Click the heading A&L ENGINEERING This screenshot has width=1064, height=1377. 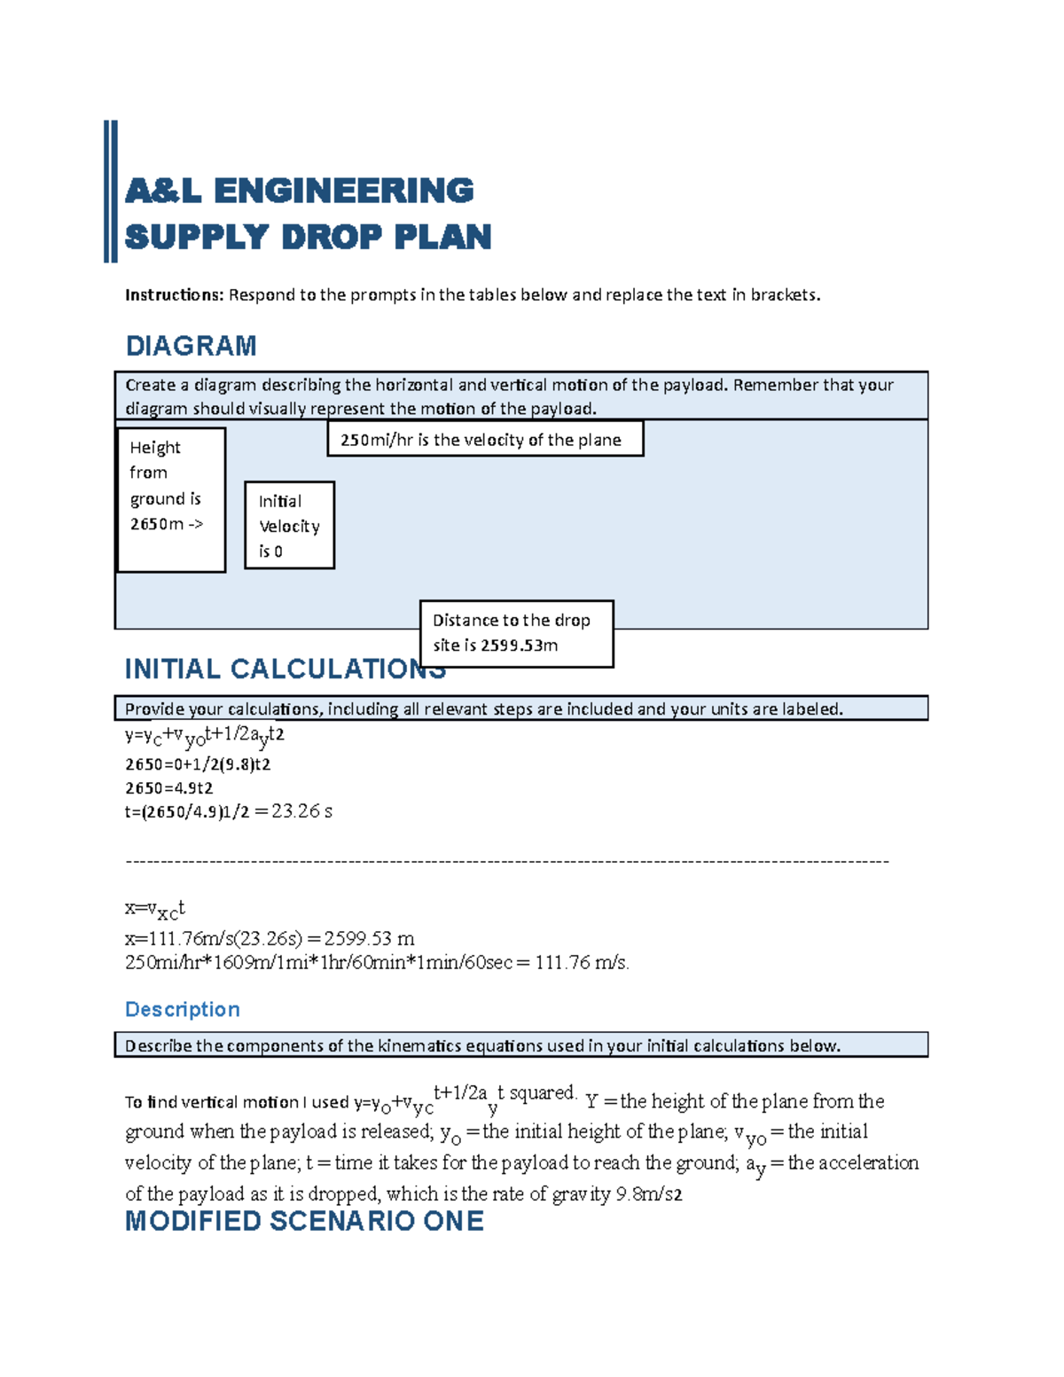coord(299,191)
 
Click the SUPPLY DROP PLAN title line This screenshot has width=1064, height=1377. coord(308,237)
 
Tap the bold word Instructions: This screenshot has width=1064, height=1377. coord(174,295)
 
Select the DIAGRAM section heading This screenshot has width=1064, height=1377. coord(191,346)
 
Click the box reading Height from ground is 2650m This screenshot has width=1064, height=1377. coord(171,499)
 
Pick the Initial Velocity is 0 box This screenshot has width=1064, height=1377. coord(289,525)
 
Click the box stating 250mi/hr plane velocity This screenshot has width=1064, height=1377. coord(485,440)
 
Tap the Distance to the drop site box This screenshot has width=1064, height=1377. coord(516,633)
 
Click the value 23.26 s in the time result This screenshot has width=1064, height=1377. coord(301,811)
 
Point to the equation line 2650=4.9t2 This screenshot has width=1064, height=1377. coord(168,788)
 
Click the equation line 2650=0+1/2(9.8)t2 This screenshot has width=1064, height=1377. coord(198,764)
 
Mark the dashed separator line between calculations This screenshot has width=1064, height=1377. coord(506,861)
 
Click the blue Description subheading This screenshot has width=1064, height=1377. coord(182,1010)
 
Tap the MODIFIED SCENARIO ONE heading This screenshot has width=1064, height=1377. coord(304,1221)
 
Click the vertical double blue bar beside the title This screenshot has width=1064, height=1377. coord(111,192)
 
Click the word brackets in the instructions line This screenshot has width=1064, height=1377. coord(785,295)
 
